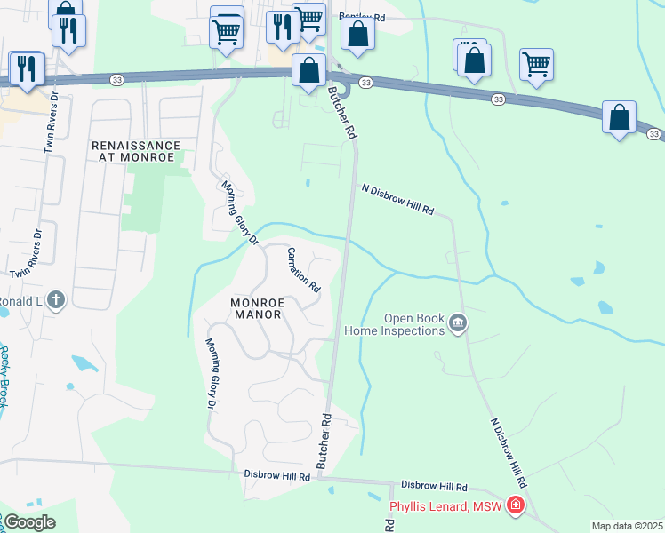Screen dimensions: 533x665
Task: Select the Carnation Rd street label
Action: coord(303,270)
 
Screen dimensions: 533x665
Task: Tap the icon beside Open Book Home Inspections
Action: coord(457,322)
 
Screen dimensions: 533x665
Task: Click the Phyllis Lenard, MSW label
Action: coord(445,507)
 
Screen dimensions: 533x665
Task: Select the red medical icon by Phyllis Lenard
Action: coord(515,506)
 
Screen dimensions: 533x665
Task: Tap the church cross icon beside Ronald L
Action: coord(55,300)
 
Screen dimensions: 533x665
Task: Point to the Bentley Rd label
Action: coord(362,18)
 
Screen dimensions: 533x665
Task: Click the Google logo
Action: coord(28,522)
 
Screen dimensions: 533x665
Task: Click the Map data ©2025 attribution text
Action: coord(626,526)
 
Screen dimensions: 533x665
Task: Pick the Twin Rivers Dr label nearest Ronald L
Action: coord(26,255)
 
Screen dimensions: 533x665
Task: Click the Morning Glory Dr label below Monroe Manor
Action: coord(212,373)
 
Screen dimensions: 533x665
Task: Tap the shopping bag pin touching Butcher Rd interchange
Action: coord(308,71)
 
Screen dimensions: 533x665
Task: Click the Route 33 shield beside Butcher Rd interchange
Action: coord(366,82)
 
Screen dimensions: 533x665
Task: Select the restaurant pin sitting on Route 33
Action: coord(27,68)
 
